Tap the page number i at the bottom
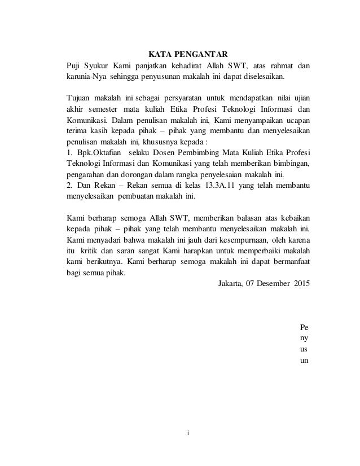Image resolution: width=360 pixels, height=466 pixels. click(x=188, y=433)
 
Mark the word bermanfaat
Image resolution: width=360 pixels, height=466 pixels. click(x=291, y=262)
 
